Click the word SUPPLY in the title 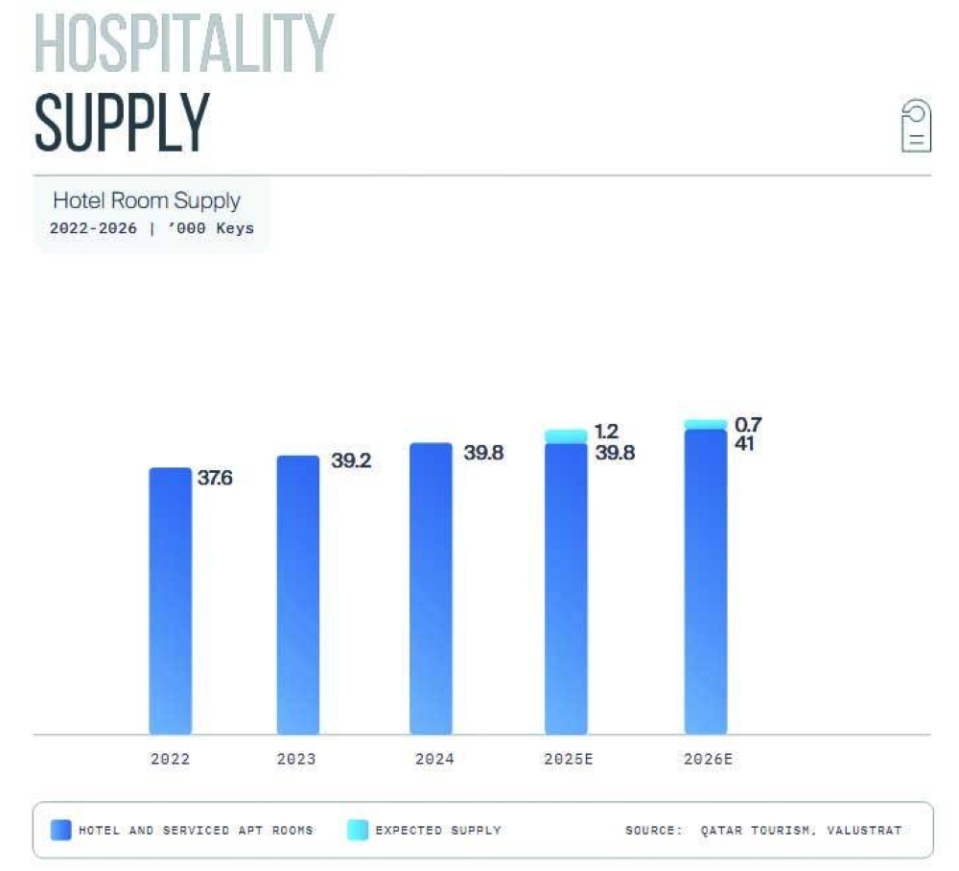coord(122,123)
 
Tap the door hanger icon coord(916,126)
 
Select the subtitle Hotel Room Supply coord(146,200)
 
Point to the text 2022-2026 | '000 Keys coord(152,229)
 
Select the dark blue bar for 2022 coord(170,600)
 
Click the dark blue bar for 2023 coord(297,595)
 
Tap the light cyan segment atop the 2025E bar coord(566,436)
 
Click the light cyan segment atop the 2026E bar coord(705,424)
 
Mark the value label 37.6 coord(215,478)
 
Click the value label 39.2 coord(351,460)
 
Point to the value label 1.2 coord(606,432)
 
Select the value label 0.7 coord(748,424)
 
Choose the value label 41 coord(743,444)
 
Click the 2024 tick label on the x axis coord(434,759)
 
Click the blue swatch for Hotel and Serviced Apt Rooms coord(60,830)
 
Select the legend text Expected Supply coord(438,830)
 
